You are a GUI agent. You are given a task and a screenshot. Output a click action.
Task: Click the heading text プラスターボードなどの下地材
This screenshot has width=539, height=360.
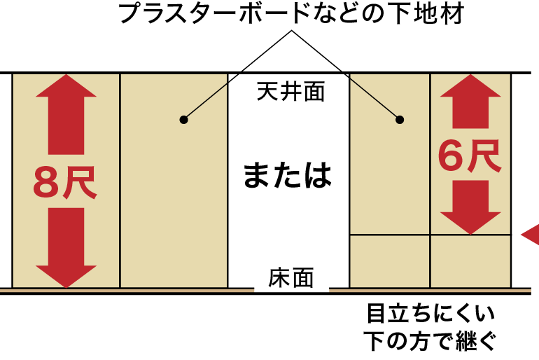[x=291, y=14]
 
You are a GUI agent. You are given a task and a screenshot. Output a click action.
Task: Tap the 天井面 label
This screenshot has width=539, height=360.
[x=290, y=92]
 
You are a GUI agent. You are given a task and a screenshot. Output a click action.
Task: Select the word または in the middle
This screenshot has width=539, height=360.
[x=288, y=175]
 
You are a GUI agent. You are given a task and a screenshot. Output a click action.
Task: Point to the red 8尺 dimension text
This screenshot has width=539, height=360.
[x=64, y=181]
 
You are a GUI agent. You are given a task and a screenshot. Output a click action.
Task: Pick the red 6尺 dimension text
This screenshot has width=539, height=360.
[x=470, y=155]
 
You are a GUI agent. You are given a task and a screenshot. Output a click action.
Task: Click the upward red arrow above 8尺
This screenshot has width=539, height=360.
[x=66, y=112]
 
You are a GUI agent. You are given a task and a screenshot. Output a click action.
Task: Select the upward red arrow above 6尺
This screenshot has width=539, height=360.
[x=470, y=102]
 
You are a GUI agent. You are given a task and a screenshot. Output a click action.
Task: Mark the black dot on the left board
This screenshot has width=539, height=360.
[x=183, y=120]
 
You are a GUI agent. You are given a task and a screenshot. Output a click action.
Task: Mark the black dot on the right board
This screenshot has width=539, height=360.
[x=400, y=120]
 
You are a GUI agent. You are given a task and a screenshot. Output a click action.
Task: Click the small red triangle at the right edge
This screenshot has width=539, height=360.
[x=531, y=234]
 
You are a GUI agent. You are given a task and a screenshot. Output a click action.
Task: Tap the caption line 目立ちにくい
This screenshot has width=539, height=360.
[x=430, y=312]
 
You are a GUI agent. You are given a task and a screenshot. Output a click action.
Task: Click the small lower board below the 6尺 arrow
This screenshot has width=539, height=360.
[x=470, y=261]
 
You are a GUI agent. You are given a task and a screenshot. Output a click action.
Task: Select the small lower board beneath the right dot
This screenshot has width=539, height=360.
[x=389, y=261]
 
